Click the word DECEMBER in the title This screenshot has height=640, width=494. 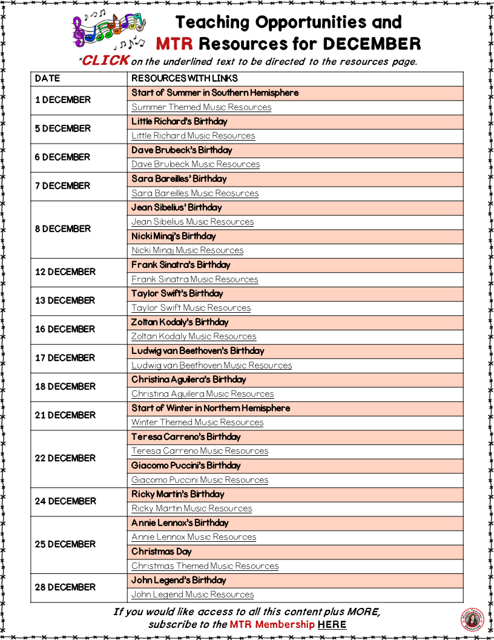pyautogui.click(x=371, y=44)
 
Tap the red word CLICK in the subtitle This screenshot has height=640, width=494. pyautogui.click(x=105, y=60)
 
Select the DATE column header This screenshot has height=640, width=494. pyautogui.click(x=48, y=78)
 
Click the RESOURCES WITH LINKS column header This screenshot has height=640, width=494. pyautogui.click(x=185, y=78)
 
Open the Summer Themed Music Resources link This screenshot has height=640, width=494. pyautogui.click(x=202, y=107)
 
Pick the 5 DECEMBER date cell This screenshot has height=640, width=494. pyautogui.click(x=63, y=128)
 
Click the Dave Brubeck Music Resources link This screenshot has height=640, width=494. pyautogui.click(x=196, y=164)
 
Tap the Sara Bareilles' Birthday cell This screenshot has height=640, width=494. pyautogui.click(x=179, y=179)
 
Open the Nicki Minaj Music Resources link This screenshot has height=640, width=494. pyautogui.click(x=188, y=250)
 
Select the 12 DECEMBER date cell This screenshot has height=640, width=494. pyautogui.click(x=65, y=272)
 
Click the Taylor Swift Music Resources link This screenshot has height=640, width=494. pyautogui.click(x=191, y=308)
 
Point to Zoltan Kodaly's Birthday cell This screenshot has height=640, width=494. pyautogui.click(x=180, y=322)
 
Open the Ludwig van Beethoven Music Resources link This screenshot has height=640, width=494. pyautogui.click(x=212, y=365)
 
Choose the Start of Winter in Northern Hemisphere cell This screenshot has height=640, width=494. pyautogui.click(x=211, y=408)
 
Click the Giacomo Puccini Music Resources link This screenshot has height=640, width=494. pyautogui.click(x=200, y=480)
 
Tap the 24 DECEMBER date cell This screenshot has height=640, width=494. pyautogui.click(x=65, y=501)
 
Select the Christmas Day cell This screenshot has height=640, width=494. pyautogui.click(x=162, y=552)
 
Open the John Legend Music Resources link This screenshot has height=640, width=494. pyautogui.click(x=193, y=595)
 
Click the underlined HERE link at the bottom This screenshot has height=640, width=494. pyautogui.click(x=332, y=624)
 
